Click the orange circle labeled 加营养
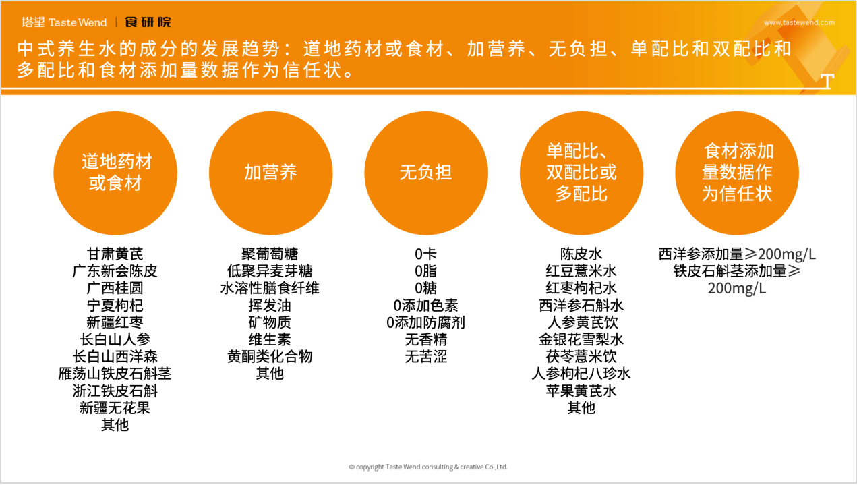(x=270, y=173)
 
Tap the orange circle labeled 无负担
(x=425, y=173)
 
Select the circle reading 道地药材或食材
(x=115, y=173)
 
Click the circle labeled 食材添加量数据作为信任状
(x=737, y=173)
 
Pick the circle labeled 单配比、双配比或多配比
(x=581, y=173)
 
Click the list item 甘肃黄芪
(x=115, y=254)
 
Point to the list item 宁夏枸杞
(x=115, y=306)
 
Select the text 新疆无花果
(x=115, y=407)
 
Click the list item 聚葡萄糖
(x=270, y=254)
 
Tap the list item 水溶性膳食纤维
(x=270, y=288)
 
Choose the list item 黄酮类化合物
(x=270, y=356)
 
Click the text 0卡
(x=425, y=254)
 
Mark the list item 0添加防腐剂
(x=425, y=322)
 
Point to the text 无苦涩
(x=425, y=356)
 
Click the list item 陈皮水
(x=581, y=254)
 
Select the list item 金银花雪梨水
(x=581, y=339)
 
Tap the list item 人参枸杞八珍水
(x=581, y=373)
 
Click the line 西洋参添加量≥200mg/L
(x=737, y=254)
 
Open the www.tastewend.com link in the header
(x=799, y=22)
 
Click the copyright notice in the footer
(x=428, y=467)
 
